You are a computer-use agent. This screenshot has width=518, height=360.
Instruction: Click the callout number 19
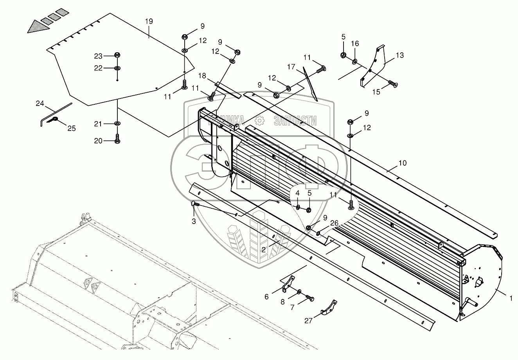(x=149, y=21)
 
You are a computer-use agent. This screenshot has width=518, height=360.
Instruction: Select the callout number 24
(x=40, y=104)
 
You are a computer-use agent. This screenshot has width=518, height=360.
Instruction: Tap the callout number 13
(x=399, y=55)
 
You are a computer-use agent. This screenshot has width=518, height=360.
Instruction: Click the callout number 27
(x=309, y=321)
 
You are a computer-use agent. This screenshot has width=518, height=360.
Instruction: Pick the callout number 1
(x=511, y=298)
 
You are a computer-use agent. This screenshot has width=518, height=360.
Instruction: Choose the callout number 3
(x=194, y=222)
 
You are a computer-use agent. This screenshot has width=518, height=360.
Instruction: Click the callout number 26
(x=335, y=223)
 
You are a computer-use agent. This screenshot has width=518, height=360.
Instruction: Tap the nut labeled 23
(x=117, y=55)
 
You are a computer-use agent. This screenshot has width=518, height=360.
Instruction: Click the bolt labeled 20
(x=117, y=139)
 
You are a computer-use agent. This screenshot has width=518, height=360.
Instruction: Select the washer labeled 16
(x=354, y=61)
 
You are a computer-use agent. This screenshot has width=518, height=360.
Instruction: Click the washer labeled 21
(x=117, y=124)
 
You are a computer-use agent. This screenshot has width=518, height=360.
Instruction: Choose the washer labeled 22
(x=117, y=68)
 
